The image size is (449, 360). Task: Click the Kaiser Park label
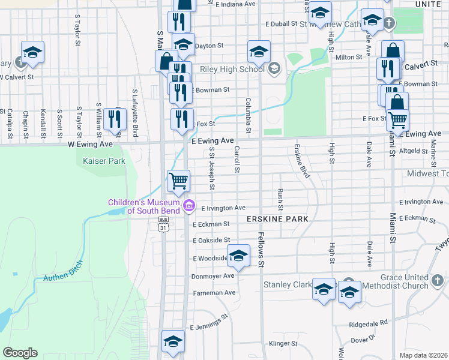coord(92,161)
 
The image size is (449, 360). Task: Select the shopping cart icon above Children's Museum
coord(178,181)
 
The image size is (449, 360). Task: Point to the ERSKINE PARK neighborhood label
coord(277,220)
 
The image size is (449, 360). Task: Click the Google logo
coord(20,353)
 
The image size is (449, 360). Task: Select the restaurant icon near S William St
coord(113,119)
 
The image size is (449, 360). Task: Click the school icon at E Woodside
coord(238,257)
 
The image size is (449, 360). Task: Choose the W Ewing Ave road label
coord(89,145)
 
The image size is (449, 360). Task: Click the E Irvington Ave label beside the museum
coord(223,208)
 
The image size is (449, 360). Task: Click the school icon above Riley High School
coord(259,52)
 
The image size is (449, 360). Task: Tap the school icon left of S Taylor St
coord(32,52)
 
